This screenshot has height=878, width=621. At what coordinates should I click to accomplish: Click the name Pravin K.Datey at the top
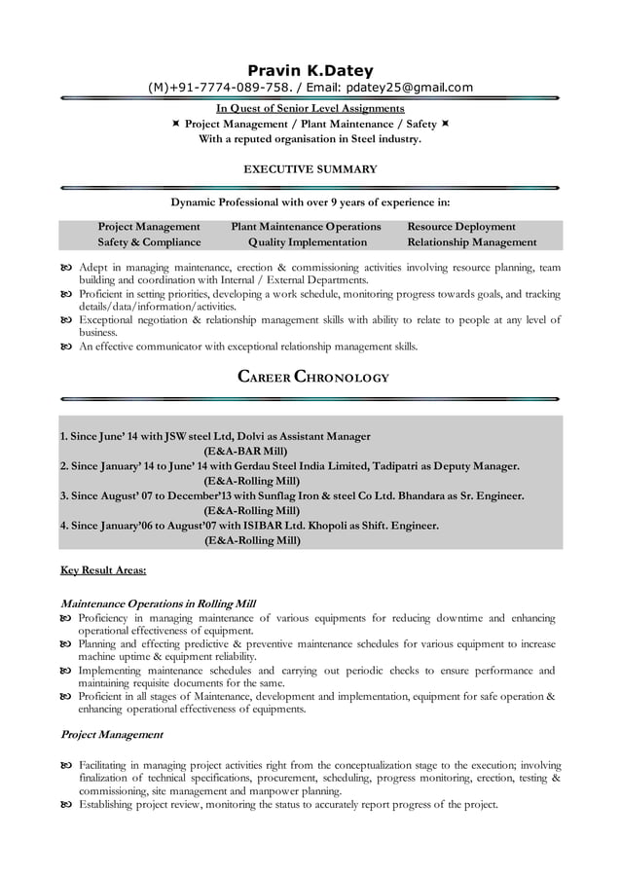coord(310,69)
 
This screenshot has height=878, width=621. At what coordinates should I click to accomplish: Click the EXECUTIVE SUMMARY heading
coord(310,169)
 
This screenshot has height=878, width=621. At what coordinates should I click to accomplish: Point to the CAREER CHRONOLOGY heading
coord(313,377)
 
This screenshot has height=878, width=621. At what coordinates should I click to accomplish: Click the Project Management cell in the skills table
coord(149,226)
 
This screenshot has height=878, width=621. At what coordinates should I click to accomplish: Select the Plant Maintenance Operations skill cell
coord(306,226)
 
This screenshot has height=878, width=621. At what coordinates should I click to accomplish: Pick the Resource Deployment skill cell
coord(461,226)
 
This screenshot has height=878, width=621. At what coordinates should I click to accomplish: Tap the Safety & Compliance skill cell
coord(149,242)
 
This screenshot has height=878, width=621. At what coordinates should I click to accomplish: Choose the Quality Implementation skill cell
coord(308,242)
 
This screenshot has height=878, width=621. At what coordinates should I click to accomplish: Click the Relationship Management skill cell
coord(471,242)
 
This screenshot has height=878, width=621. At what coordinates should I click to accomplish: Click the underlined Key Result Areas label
coord(103,570)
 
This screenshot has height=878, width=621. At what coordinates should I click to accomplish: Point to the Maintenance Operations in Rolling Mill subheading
coord(158,604)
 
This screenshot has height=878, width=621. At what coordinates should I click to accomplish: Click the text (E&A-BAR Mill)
coord(244,452)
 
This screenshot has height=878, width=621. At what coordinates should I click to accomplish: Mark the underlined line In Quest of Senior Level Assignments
coord(310,108)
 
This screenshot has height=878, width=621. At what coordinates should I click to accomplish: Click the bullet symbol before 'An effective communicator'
coord(66,347)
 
